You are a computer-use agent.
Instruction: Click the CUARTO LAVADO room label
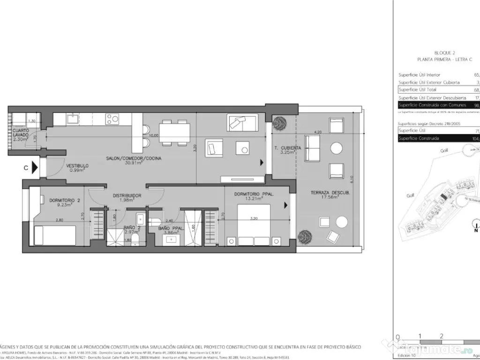21,133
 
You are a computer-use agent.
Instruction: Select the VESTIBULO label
77,165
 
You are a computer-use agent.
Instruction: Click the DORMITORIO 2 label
65,200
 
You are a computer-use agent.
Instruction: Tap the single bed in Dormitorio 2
55,234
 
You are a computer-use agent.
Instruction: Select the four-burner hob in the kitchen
112,119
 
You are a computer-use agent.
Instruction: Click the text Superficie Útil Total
417,90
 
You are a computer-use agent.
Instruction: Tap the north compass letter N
476,231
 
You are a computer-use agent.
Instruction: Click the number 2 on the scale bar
442,336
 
